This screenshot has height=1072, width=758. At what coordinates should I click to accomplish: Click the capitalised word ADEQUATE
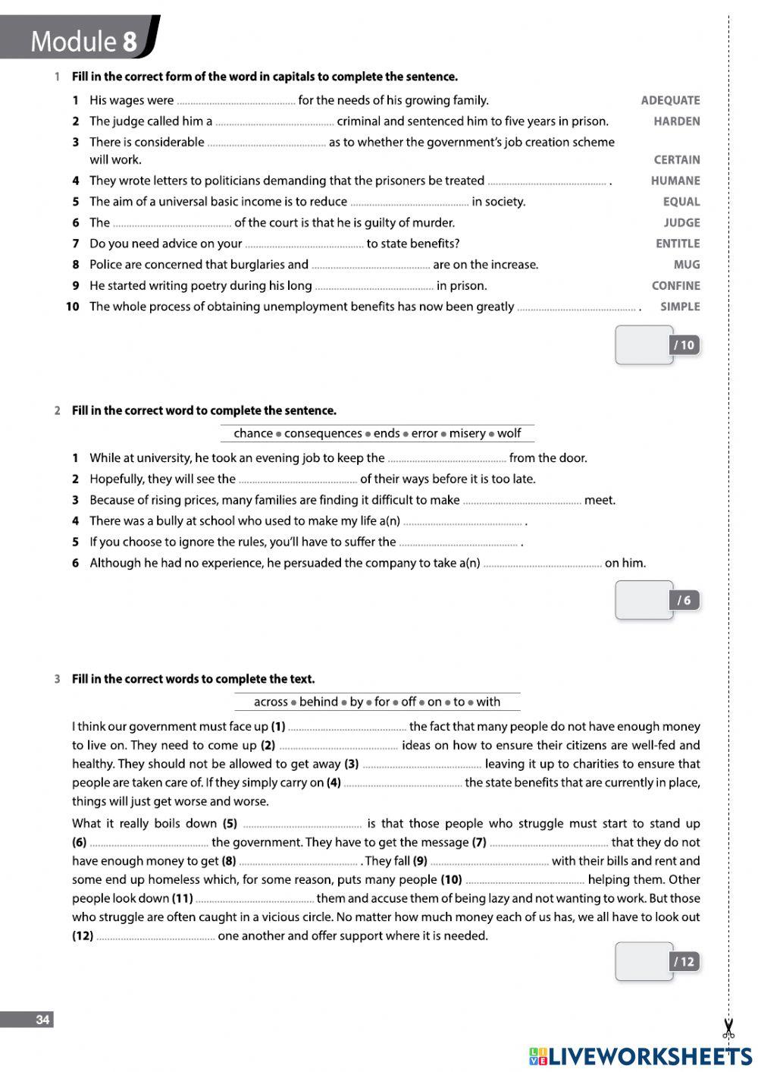pos(670,100)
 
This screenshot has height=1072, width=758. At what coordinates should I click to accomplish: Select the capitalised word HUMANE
pos(675,181)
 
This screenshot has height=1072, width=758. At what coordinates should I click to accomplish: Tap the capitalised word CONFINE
pos(675,286)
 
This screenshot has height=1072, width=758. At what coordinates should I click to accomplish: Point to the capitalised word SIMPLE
pos(680,307)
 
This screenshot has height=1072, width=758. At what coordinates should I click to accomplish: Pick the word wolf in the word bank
pos(509,433)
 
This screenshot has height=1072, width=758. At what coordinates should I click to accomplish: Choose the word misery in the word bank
pos(467,433)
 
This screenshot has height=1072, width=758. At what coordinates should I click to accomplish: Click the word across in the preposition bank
pos(271,702)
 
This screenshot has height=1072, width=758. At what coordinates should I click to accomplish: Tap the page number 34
pos(42,1020)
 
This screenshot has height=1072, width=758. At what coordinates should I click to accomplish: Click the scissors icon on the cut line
pos(728,1029)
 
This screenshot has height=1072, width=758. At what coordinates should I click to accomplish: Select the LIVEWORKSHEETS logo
pos(641,1055)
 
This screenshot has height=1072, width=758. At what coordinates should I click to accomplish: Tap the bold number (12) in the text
pos(83,936)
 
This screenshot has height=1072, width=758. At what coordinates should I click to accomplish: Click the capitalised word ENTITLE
pos(678,244)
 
